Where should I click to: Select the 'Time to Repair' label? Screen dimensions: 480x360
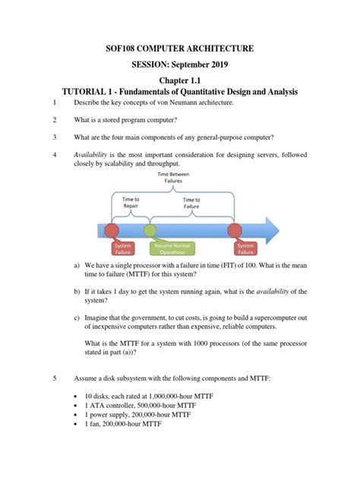(131, 201)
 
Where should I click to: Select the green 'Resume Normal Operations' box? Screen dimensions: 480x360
(173, 249)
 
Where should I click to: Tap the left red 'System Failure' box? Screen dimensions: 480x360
(122, 249)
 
